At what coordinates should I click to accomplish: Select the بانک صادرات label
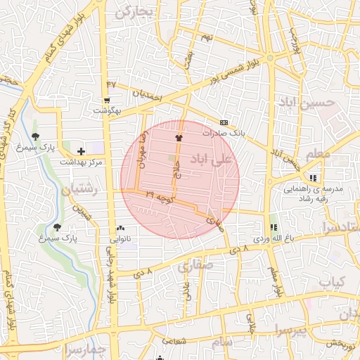[222, 132]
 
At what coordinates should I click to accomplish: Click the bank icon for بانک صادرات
[224, 121]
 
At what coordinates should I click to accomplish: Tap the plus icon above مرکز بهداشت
[82, 150]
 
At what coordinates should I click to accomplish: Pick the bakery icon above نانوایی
[121, 228]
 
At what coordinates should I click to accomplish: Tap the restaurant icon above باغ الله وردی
[273, 227]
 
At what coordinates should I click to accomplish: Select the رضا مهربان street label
[143, 150]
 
